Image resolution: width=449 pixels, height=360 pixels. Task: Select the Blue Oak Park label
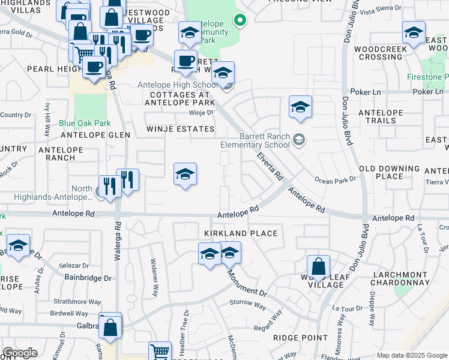tap(85, 123)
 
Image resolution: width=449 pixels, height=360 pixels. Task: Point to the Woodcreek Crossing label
tap(378, 53)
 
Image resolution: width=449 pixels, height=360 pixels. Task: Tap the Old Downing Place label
tap(389, 172)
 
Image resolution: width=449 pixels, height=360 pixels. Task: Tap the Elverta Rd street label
tap(268, 167)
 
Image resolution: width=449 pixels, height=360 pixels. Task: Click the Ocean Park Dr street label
tap(335, 180)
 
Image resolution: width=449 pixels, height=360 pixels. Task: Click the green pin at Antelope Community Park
tap(240, 21)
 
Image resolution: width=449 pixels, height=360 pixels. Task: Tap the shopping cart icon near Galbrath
tap(160, 351)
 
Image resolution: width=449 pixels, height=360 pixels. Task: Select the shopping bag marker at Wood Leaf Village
tap(318, 267)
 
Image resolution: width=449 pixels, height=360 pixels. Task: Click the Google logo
tap(20, 353)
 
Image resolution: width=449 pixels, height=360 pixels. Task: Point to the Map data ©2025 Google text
tap(411, 355)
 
